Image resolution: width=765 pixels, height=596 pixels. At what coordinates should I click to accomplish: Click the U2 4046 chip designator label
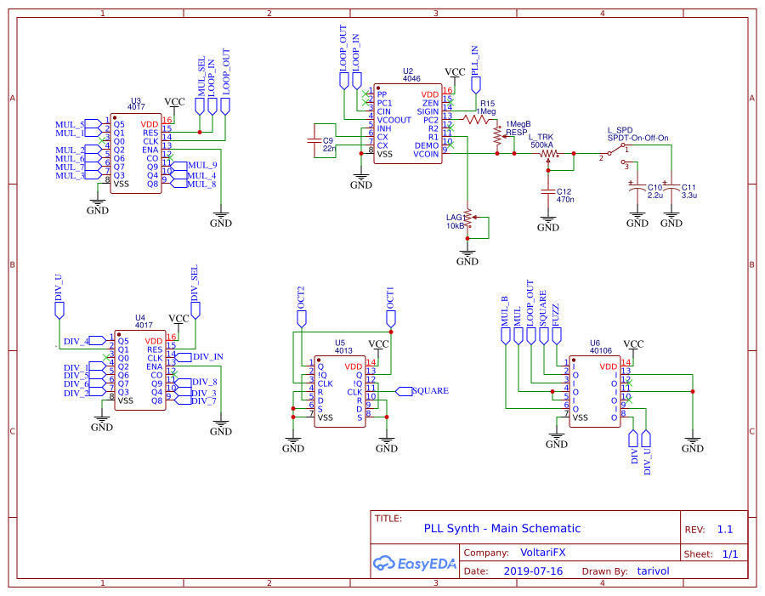[x=409, y=71]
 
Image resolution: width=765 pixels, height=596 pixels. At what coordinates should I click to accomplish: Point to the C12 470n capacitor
[x=548, y=194]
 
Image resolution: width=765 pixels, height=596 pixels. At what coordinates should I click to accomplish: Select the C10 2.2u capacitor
[x=635, y=188]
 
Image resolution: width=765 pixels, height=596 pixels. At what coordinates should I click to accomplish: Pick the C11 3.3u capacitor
[x=671, y=188]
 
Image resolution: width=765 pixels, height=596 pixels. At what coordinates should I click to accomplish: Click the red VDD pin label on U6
[x=609, y=366]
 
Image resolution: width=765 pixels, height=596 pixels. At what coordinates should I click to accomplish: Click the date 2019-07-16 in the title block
[x=533, y=571]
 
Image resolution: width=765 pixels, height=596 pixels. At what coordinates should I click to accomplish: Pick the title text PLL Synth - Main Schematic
[x=501, y=529]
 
